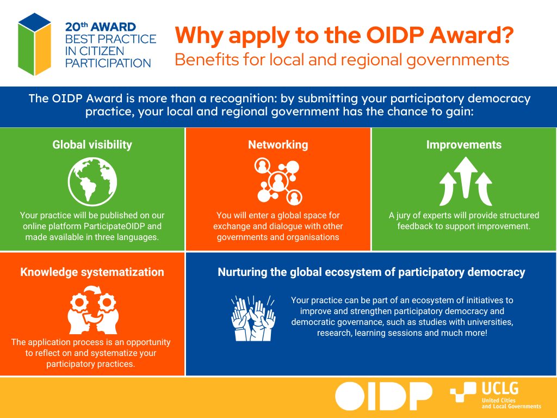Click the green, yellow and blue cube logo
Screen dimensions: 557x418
34,45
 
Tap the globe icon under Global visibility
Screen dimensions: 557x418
92,182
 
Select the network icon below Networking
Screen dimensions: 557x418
278,182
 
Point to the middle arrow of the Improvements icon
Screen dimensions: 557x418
466,177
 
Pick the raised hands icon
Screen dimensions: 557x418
253,318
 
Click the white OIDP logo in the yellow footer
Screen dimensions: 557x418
383,396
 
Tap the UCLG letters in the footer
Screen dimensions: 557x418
500,389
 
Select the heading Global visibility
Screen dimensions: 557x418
92,145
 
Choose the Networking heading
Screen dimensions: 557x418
278,145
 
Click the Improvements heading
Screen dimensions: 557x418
464,145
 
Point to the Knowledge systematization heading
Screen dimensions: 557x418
92,272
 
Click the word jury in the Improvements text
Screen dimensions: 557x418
403,216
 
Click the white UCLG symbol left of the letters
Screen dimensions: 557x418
463,392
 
